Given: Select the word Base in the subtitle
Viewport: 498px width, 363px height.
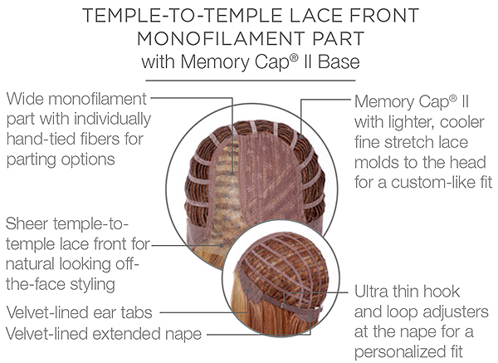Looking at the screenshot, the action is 339,61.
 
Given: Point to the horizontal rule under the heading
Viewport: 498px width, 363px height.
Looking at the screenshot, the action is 251,81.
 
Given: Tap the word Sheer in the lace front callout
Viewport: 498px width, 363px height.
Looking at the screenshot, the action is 27,223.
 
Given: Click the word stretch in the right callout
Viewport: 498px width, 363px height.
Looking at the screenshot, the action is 407,142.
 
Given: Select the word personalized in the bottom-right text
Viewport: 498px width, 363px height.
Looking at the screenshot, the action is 399,352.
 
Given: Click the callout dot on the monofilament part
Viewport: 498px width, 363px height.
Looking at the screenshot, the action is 232,174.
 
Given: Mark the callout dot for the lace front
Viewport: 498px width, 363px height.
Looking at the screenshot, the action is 222,245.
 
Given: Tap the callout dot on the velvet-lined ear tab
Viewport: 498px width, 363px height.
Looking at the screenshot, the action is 247,290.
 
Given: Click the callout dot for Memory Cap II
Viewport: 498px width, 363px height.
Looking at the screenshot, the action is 300,137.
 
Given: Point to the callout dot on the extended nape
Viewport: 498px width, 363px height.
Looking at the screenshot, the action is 310,316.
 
